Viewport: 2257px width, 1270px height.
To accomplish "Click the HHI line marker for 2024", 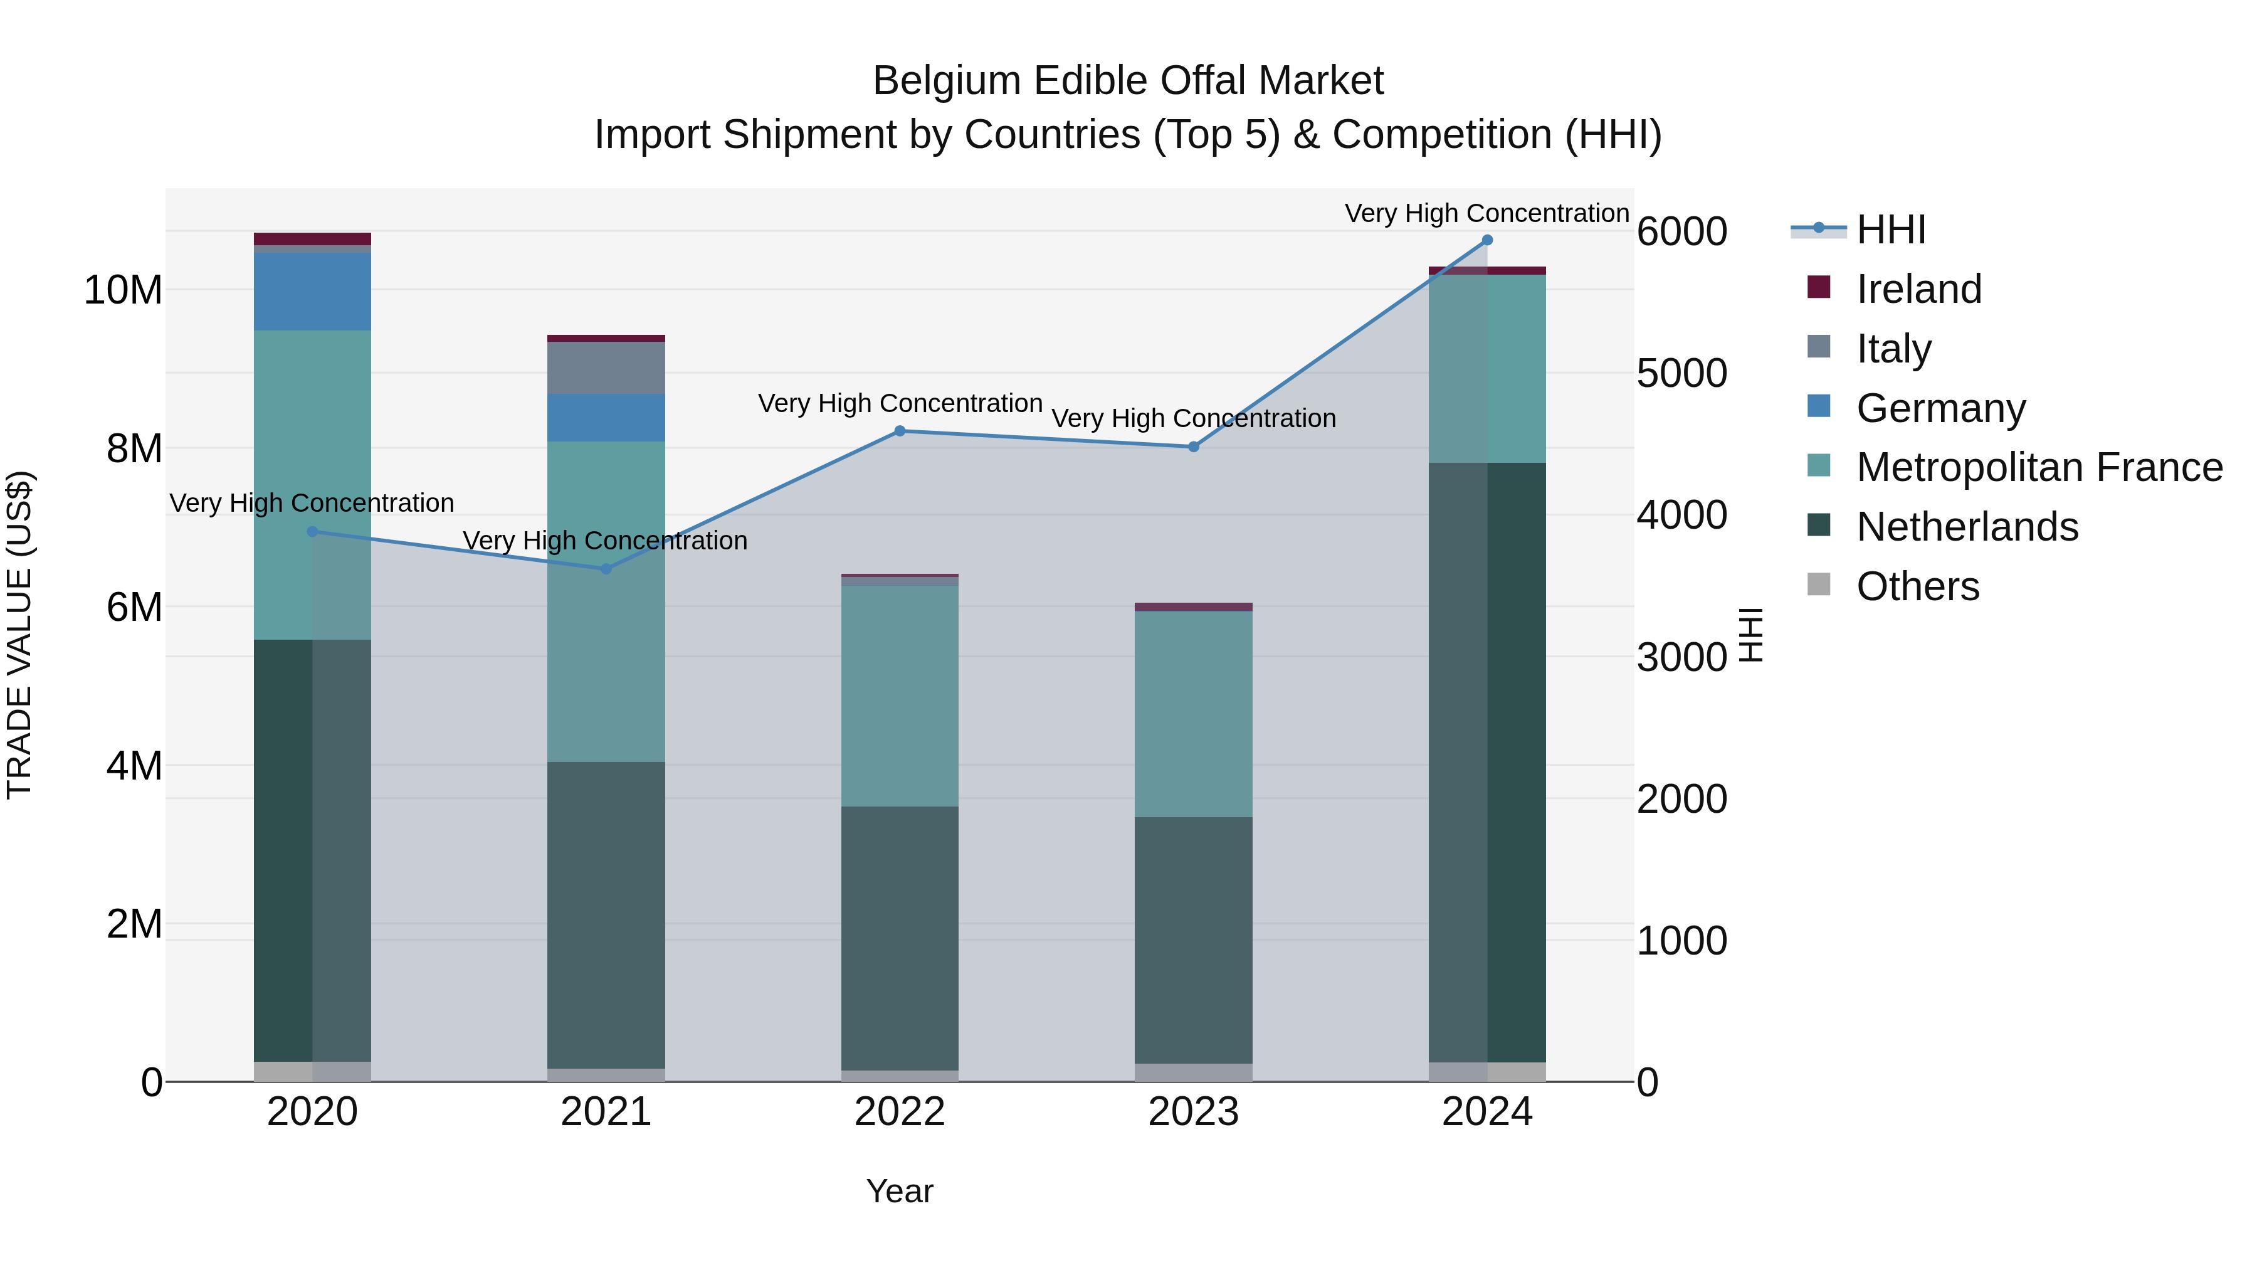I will click(1487, 240).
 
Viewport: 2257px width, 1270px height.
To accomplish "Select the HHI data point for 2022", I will click(900, 431).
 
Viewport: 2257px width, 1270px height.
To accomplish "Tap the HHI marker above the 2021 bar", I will click(606, 569).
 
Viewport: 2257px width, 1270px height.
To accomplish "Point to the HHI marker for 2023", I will click(1193, 447).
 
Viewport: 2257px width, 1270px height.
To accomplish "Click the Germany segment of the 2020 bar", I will click(312, 292).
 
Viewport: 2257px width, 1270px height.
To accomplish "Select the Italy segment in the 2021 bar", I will click(606, 368).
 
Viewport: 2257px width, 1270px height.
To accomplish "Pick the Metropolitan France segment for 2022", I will click(900, 696).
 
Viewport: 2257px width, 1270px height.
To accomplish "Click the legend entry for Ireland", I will click(1919, 289).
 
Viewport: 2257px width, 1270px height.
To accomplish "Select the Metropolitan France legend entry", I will click(2039, 467).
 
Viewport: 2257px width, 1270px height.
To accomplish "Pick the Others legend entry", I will click(1917, 586).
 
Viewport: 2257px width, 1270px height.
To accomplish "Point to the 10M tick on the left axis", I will click(123, 290).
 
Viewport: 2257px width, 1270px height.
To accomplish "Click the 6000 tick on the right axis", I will click(1681, 232).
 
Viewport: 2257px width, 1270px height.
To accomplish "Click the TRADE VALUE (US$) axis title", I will click(19, 635).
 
